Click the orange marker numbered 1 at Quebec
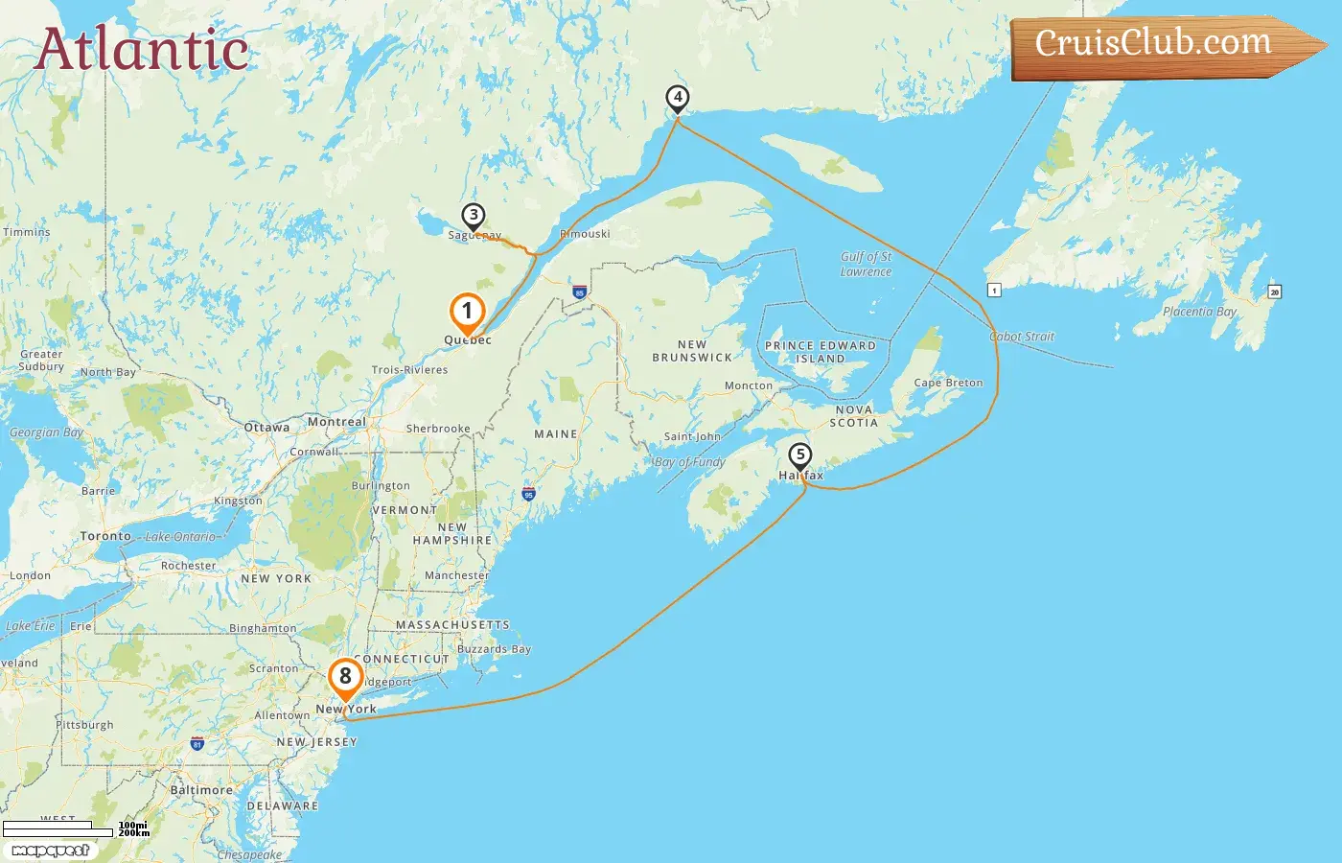coord(467,312)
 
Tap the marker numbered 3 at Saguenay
coord(473,216)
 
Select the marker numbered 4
coord(678,98)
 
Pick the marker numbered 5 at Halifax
coord(799,456)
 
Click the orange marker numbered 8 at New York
coord(345,677)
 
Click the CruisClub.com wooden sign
coord(1160,45)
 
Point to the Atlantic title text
coord(142,50)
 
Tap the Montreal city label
coord(336,422)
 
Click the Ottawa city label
coord(266,428)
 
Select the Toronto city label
coord(105,536)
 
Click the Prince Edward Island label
coord(821,352)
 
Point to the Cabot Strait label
coord(1022,337)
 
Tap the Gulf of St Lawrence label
coord(867,264)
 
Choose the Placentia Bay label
coord(1199,312)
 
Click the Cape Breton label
coord(948,383)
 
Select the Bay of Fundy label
coord(690,462)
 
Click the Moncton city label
coord(749,385)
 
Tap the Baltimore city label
coord(201,790)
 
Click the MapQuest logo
coord(51,851)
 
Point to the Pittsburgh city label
coord(84,725)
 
